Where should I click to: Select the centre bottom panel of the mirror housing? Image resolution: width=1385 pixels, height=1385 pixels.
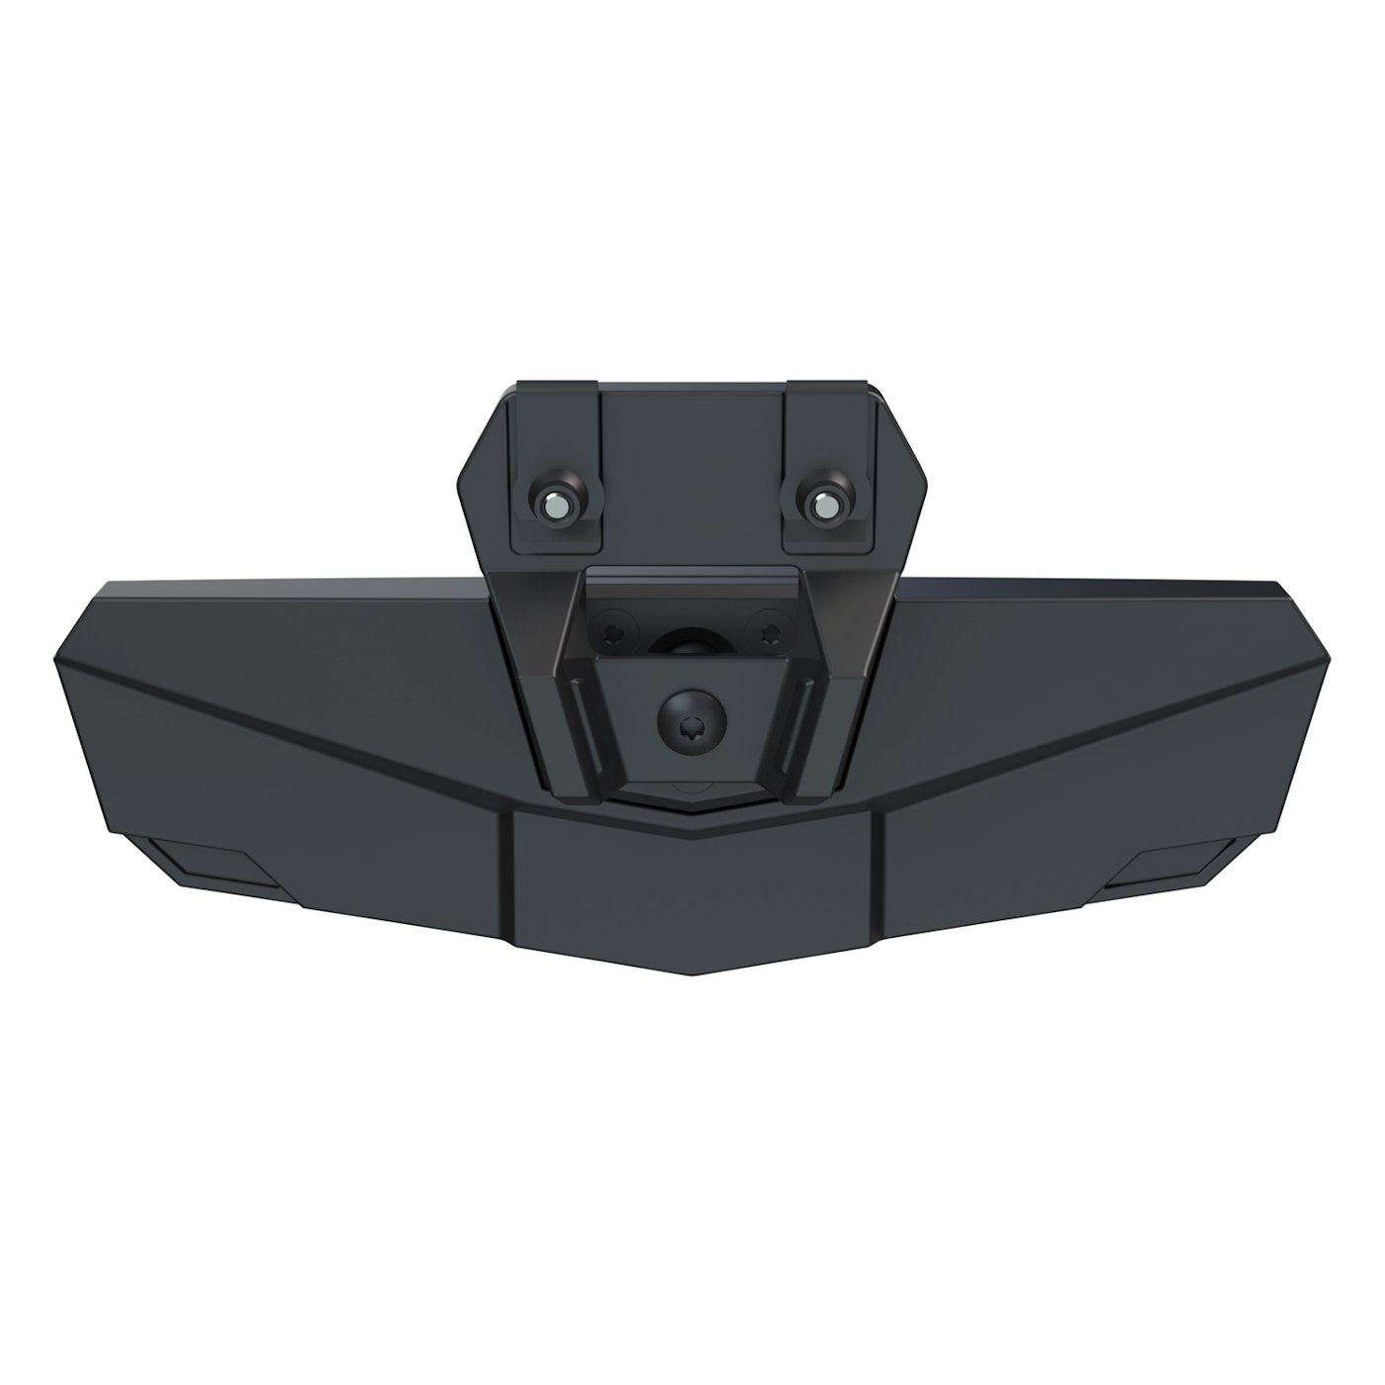[x=692, y=890]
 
